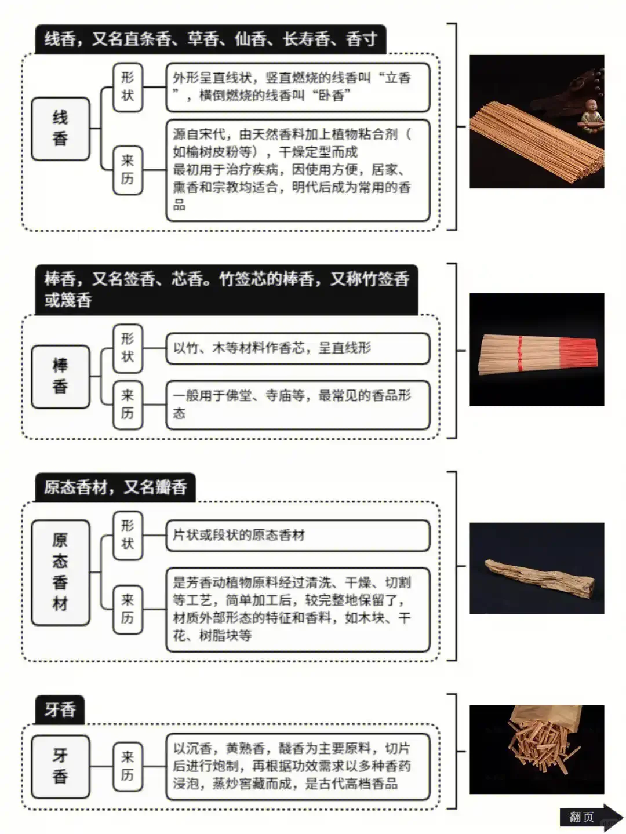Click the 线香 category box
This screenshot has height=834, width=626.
pyautogui.click(x=60, y=129)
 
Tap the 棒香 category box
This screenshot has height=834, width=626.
pyautogui.click(x=60, y=376)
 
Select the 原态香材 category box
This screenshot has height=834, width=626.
pyautogui.click(x=60, y=572)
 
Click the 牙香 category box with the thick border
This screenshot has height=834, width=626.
pyautogui.click(x=60, y=766)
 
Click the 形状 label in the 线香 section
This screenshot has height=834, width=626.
pyautogui.click(x=128, y=86)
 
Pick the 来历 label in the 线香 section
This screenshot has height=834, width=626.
pyautogui.click(x=128, y=169)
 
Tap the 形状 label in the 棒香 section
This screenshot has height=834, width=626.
pyautogui.click(x=128, y=348)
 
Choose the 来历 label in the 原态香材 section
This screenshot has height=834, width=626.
pyautogui.click(x=128, y=609)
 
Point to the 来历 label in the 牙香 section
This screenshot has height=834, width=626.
pyautogui.click(x=128, y=766)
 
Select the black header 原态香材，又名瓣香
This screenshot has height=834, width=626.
pyautogui.click(x=115, y=487)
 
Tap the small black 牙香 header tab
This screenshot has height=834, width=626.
pyautogui.click(x=60, y=709)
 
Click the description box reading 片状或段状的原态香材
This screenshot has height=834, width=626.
pyautogui.click(x=297, y=535)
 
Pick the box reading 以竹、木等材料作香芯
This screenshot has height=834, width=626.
pyautogui.click(x=297, y=348)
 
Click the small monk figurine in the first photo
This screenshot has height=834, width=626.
pyautogui.click(x=592, y=115)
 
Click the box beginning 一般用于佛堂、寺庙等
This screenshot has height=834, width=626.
pyautogui.click(x=297, y=404)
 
